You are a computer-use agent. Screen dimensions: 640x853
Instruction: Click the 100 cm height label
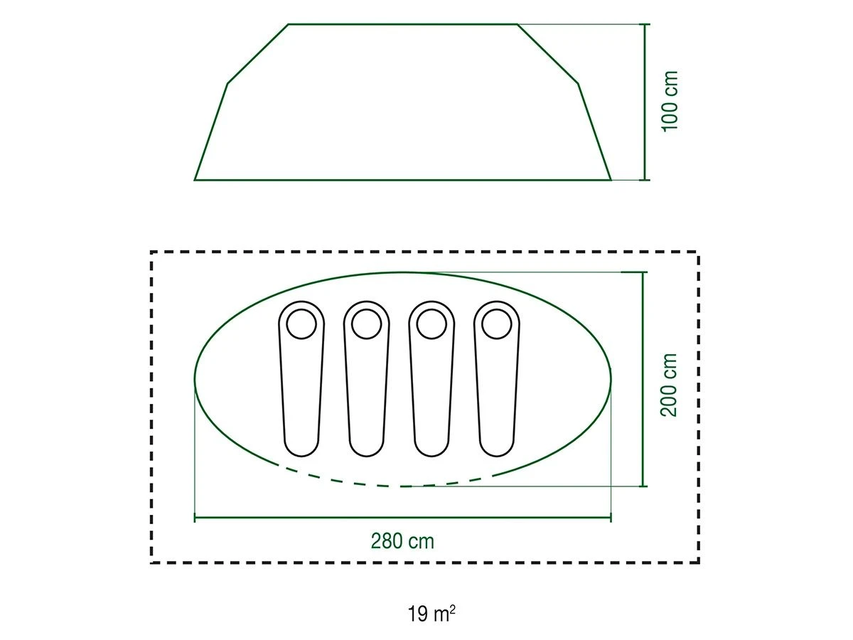pyautogui.click(x=670, y=100)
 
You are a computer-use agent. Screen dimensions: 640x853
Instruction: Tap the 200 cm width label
pyautogui.click(x=670, y=385)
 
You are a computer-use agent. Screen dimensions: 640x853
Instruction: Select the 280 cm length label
pyautogui.click(x=402, y=541)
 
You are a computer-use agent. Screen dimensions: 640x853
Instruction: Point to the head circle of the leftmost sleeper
pyautogui.click(x=301, y=324)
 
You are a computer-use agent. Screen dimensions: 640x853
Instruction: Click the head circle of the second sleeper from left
pyautogui.click(x=366, y=324)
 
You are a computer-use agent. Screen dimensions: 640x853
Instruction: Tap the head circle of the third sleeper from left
pyautogui.click(x=431, y=324)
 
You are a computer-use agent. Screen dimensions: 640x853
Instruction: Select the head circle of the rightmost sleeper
pyautogui.click(x=496, y=324)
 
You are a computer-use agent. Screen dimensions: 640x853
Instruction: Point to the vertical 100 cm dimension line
pyautogui.click(x=645, y=102)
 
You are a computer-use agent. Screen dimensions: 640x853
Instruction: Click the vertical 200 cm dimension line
pyautogui.click(x=643, y=379)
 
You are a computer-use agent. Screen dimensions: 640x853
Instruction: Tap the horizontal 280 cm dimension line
pyautogui.click(x=402, y=518)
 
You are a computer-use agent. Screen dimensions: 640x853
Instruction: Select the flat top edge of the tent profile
pyautogui.click(x=402, y=24)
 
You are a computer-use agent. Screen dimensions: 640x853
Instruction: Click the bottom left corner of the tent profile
pyautogui.click(x=195, y=179)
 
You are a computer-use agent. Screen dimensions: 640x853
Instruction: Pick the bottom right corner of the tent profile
pyautogui.click(x=611, y=179)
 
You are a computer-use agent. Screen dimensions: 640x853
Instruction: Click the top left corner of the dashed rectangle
pyautogui.click(x=151, y=252)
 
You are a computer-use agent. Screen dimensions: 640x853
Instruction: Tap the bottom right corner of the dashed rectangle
pyautogui.click(x=698, y=562)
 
